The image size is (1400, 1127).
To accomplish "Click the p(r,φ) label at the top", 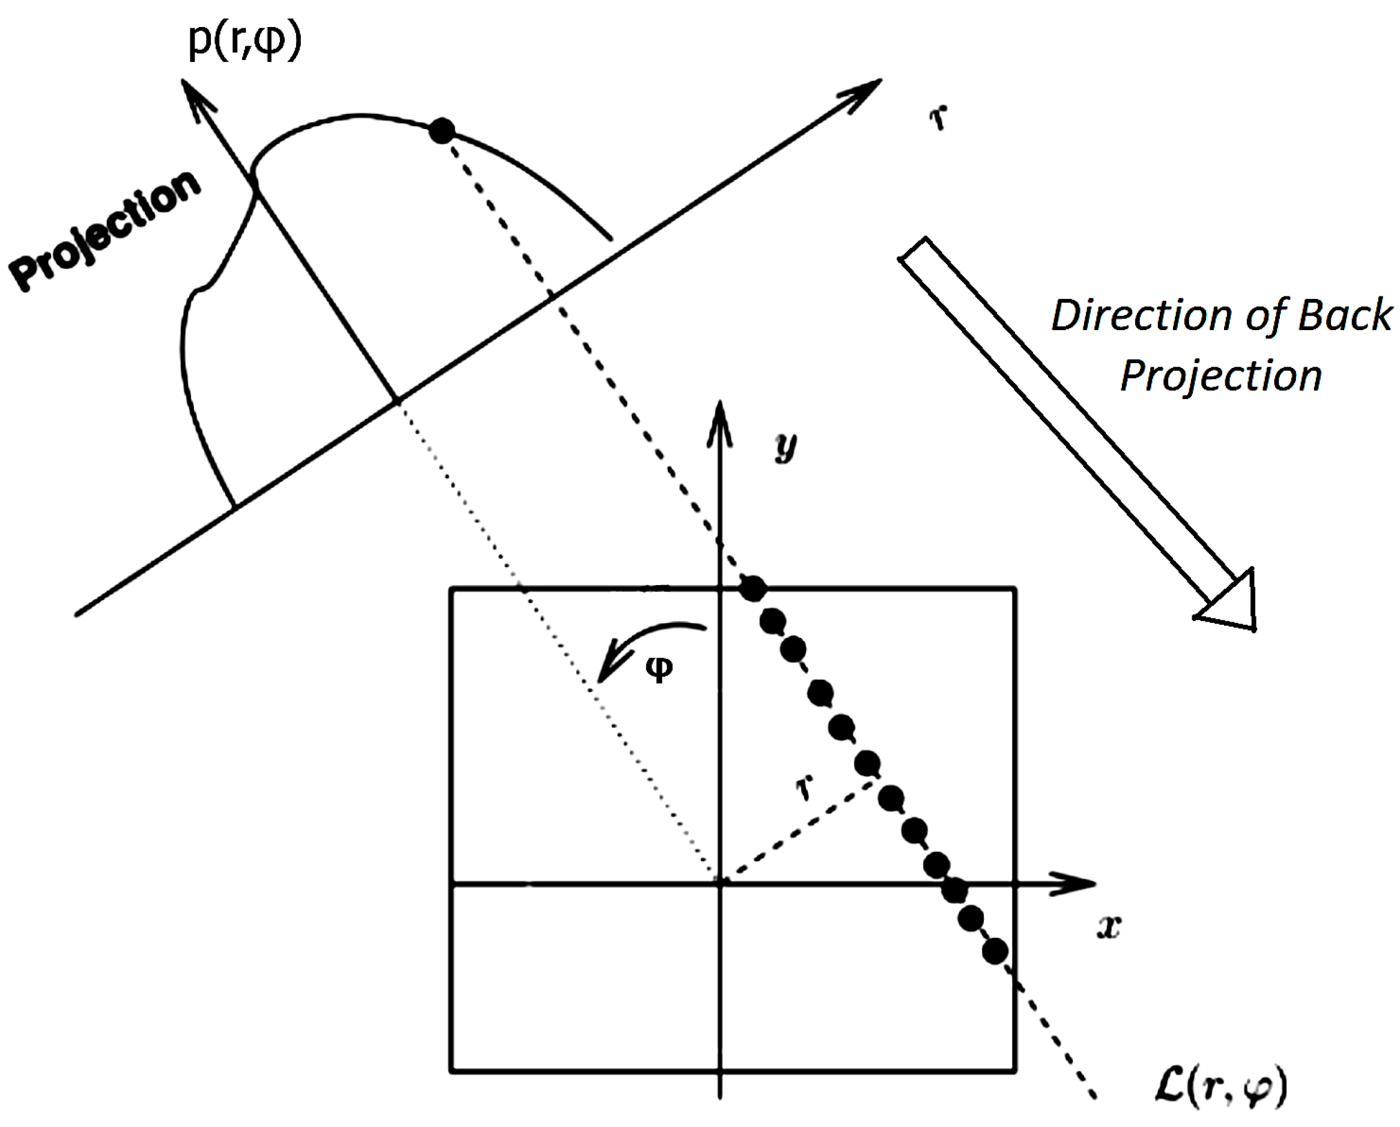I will click(245, 40).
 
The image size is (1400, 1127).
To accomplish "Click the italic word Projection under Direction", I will click(1220, 376).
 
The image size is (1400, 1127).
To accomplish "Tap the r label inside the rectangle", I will click(805, 788).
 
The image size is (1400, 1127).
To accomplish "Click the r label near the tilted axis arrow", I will click(939, 118).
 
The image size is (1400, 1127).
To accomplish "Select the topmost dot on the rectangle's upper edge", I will click(754, 589).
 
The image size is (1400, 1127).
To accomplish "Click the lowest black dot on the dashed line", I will click(995, 952).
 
